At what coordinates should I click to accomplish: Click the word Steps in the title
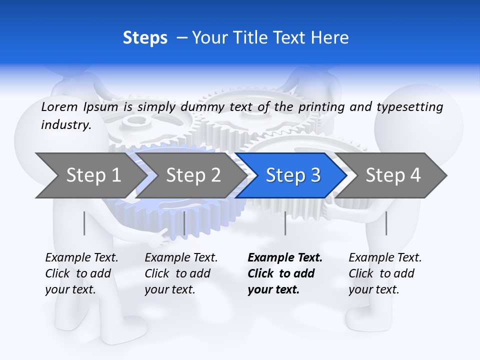point(145,38)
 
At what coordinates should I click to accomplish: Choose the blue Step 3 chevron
point(293,175)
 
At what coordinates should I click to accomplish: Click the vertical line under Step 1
point(84,223)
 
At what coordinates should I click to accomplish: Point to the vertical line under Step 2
point(184,223)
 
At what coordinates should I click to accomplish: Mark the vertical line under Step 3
point(285,223)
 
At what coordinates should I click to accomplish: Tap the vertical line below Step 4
point(386,223)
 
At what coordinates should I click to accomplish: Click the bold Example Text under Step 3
point(285,273)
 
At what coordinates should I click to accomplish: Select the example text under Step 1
point(81,273)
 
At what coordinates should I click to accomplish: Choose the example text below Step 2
point(181,273)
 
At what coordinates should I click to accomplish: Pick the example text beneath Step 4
point(385,273)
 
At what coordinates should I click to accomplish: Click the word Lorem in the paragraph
point(59,106)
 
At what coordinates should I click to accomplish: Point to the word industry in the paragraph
point(66,125)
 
